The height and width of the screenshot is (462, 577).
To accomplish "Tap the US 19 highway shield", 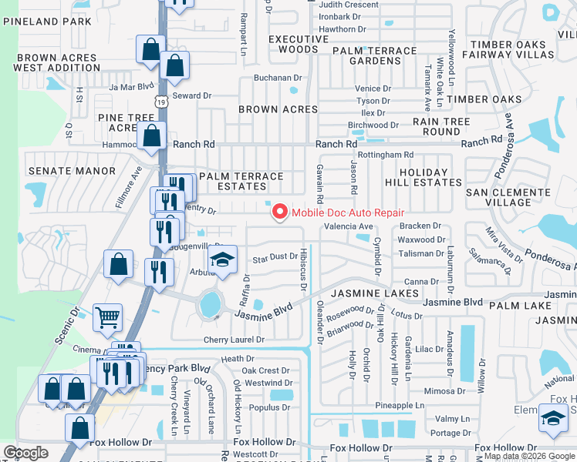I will click(x=160, y=101).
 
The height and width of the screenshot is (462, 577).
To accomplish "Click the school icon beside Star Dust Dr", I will click(x=223, y=259).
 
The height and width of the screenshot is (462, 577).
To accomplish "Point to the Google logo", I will click(x=25, y=453).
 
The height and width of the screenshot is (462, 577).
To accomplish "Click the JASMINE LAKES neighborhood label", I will click(x=375, y=293).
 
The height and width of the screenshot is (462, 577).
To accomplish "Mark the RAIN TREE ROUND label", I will click(x=441, y=126).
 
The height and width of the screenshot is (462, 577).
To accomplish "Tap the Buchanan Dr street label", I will click(x=278, y=78).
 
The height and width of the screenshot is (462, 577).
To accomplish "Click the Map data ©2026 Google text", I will click(x=530, y=456).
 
